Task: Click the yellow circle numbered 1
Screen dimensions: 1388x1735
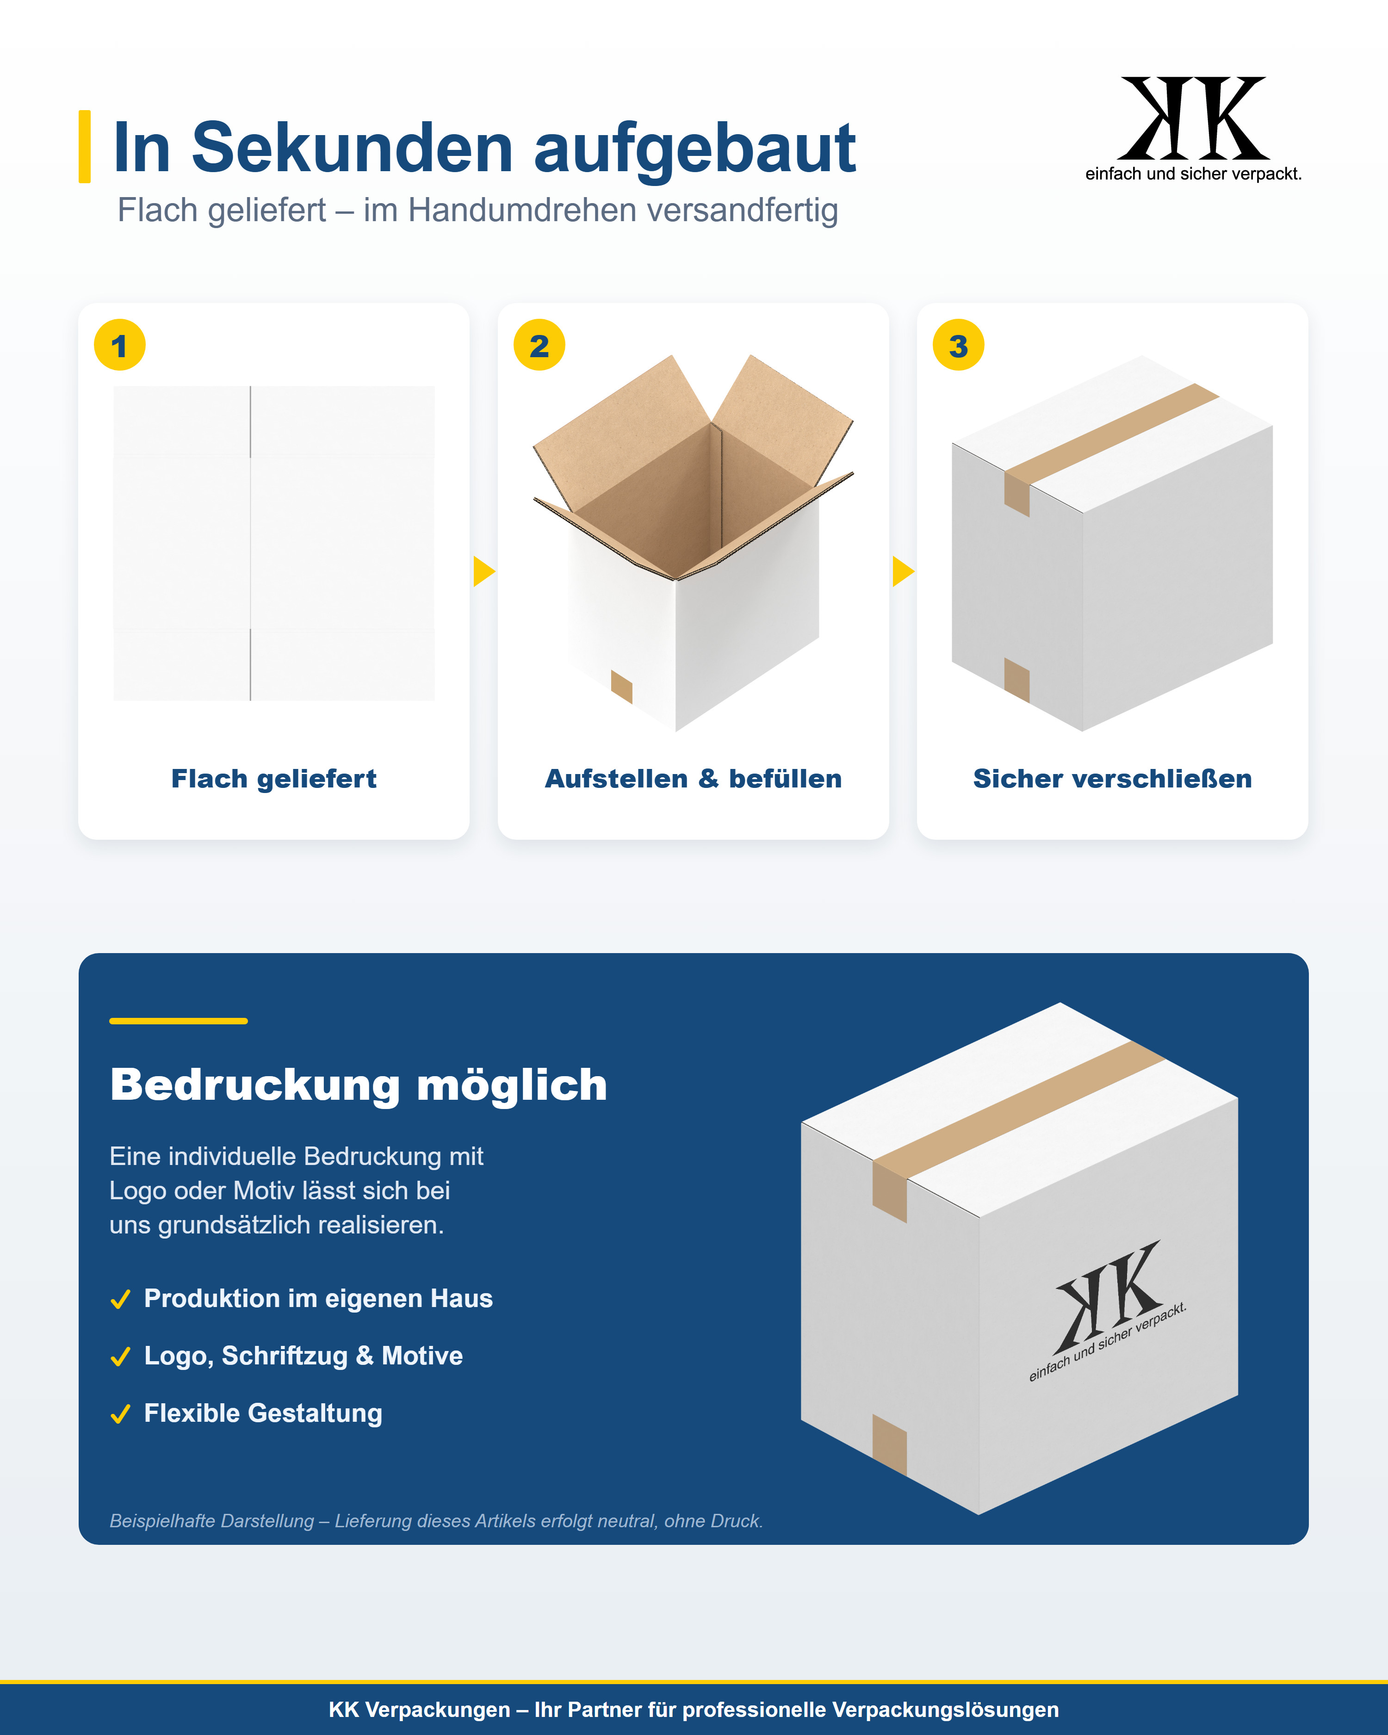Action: point(120,345)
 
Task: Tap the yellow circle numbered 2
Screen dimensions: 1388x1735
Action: point(539,345)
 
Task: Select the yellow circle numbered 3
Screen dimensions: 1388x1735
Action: point(958,345)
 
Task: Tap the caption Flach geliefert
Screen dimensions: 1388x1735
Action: point(273,779)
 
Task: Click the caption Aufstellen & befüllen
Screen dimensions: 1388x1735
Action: point(694,779)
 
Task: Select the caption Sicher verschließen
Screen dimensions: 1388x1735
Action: point(1113,779)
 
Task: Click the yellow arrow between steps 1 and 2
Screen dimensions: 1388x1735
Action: point(483,571)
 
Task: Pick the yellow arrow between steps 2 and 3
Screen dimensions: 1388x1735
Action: point(903,571)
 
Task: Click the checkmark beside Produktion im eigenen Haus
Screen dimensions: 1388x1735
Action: point(121,1300)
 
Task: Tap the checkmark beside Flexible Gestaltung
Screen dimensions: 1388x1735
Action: point(121,1414)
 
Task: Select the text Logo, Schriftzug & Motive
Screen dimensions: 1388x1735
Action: point(304,1356)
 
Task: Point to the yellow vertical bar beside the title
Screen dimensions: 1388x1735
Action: point(85,147)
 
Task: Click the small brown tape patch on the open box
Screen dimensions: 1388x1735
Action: point(622,687)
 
